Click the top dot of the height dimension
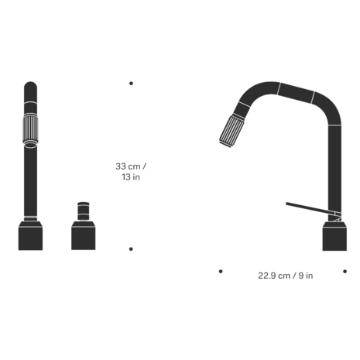131,84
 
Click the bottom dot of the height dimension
131,249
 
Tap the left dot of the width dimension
221,271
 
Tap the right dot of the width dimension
345,271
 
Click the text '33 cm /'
131,166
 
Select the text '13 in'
131,177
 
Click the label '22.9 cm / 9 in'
286,276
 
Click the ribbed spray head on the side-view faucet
231,131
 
